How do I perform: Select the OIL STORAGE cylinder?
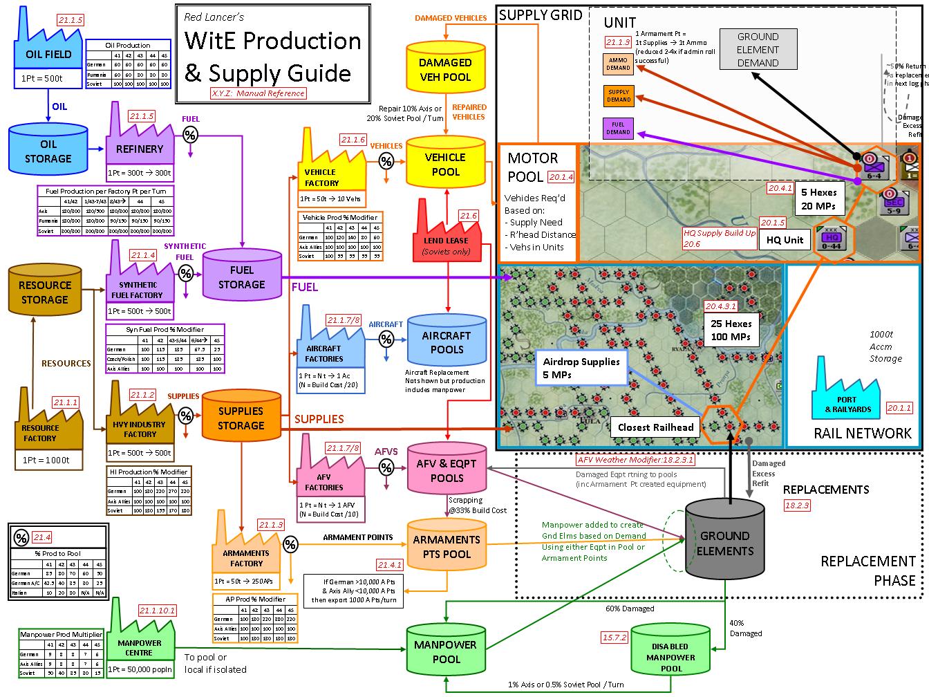point(48,151)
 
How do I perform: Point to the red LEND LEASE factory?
point(445,235)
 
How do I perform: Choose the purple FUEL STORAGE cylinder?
point(242,277)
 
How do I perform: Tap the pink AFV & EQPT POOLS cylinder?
point(447,471)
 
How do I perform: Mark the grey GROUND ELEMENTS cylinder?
point(725,543)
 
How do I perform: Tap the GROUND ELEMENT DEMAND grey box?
point(758,50)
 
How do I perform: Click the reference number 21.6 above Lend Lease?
point(468,216)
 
